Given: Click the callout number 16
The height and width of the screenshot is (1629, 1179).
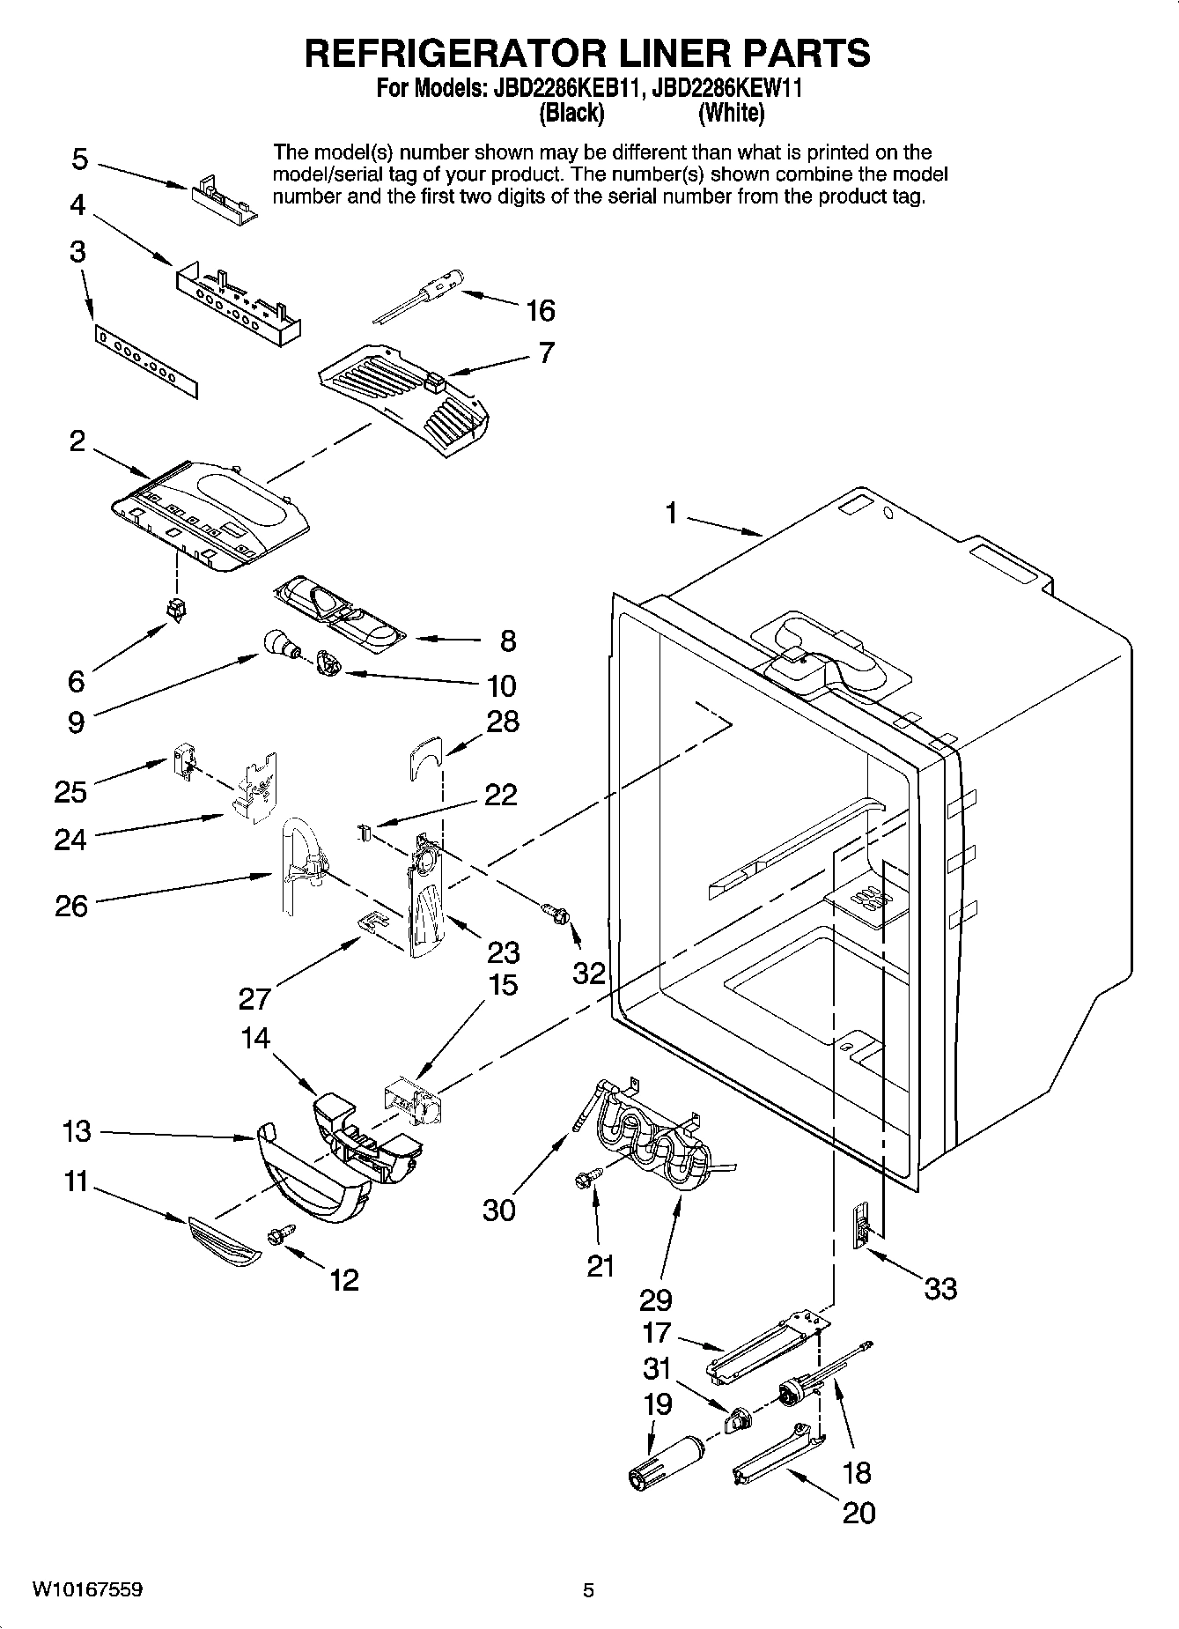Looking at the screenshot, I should tap(540, 310).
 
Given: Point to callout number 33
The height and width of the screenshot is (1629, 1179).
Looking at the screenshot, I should tap(940, 1289).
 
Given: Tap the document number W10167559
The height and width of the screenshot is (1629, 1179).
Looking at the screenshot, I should tap(88, 1589).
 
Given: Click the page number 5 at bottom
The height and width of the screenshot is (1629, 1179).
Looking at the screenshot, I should tap(588, 1590).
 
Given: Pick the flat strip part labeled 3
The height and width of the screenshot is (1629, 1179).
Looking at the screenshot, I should tap(147, 360).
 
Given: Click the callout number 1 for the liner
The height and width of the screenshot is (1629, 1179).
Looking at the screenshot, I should tap(672, 513).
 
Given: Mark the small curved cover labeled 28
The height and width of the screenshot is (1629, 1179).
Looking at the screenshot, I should tap(426, 757).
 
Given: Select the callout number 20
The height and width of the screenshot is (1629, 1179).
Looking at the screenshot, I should tap(858, 1513).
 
